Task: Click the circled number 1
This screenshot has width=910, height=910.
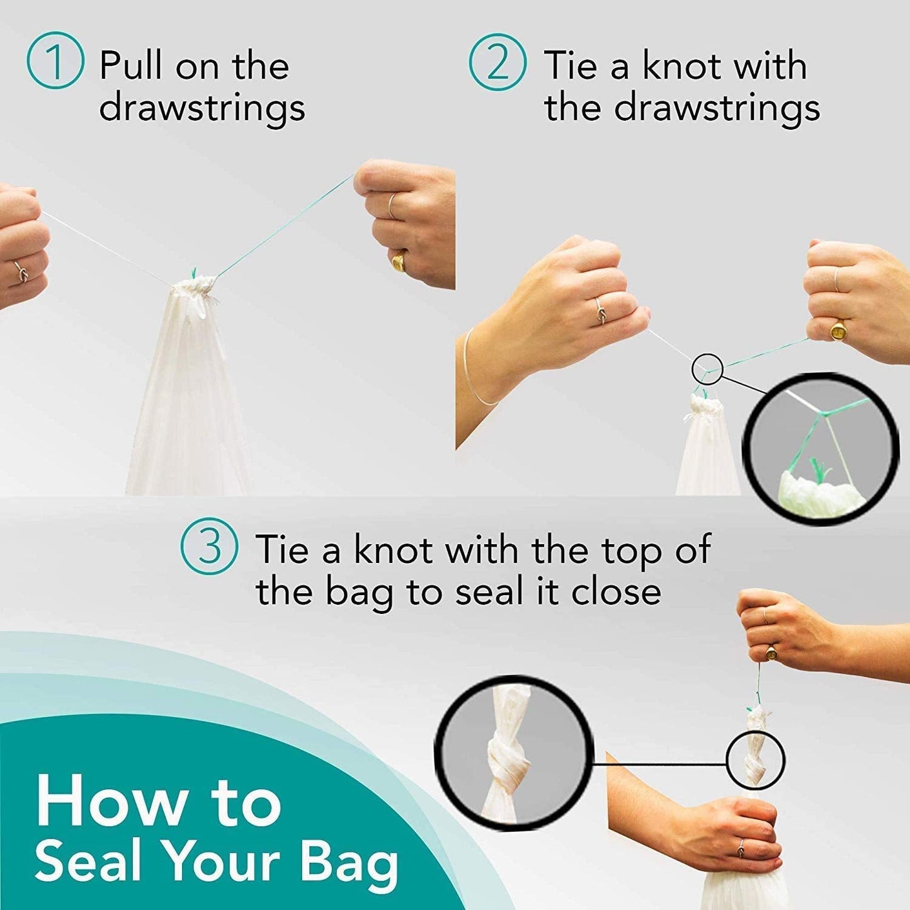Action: tap(55, 60)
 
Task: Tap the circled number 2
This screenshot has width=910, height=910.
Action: tap(498, 62)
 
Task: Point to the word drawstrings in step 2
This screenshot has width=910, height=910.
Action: tap(717, 108)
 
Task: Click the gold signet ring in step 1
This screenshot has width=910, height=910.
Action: tap(399, 260)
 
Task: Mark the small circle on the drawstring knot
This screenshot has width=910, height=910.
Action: tap(707, 368)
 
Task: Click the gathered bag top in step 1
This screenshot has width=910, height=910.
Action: tap(193, 291)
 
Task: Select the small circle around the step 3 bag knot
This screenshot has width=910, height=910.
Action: tap(756, 759)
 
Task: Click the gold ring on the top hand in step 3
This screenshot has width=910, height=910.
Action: tap(771, 654)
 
